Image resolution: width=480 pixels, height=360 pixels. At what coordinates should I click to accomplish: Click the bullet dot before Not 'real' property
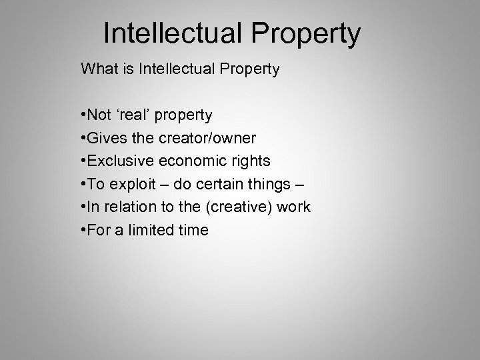pyautogui.click(x=82, y=116)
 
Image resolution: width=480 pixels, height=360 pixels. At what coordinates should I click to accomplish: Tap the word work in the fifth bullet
pyautogui.click(x=294, y=207)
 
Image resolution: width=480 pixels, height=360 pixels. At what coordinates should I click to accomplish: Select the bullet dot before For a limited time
pyautogui.click(x=82, y=231)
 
